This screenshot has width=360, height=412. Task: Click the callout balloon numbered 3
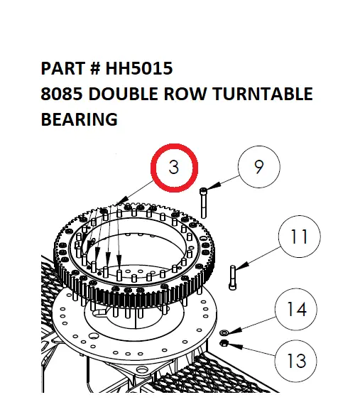(174, 168)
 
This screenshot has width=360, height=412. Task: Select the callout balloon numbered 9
(259, 168)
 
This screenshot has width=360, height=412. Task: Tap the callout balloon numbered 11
(300, 236)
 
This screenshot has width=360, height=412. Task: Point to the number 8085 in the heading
(60, 94)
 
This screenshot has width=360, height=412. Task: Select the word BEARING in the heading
(80, 119)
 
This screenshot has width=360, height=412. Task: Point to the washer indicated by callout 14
(224, 332)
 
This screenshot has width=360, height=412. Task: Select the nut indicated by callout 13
(224, 344)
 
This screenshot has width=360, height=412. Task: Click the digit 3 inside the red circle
(174, 168)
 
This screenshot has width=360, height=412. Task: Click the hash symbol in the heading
(95, 69)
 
